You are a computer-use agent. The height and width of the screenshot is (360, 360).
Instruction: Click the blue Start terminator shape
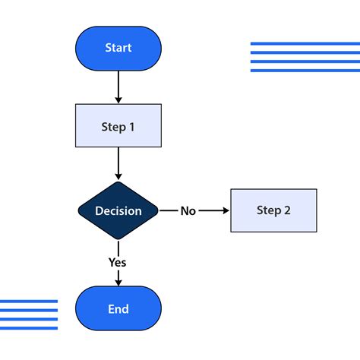click(118, 48)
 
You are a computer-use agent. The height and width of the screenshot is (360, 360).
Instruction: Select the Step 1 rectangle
click(118, 126)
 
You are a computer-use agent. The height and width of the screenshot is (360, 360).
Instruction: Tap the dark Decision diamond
click(118, 210)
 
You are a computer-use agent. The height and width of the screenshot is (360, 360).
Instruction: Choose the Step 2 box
click(273, 210)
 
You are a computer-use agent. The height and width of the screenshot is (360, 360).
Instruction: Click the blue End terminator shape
click(118, 309)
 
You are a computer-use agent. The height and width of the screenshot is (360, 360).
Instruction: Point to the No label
click(188, 211)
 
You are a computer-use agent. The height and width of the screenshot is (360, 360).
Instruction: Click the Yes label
click(117, 262)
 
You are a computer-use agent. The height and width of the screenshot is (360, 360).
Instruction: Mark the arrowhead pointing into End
click(118, 283)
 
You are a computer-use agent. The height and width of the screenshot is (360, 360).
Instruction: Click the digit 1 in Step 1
click(131, 127)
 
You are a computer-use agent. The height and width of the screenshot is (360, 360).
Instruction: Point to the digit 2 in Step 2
click(286, 210)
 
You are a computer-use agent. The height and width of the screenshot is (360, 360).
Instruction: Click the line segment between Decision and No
click(168, 210)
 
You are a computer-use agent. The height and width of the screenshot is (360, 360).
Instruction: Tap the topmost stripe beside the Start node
click(294, 44)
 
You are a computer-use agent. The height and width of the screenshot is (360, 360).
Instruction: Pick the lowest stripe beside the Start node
click(294, 70)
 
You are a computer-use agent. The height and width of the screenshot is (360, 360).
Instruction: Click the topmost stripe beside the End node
click(29, 302)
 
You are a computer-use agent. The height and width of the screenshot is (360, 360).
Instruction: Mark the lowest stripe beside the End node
click(29, 328)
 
